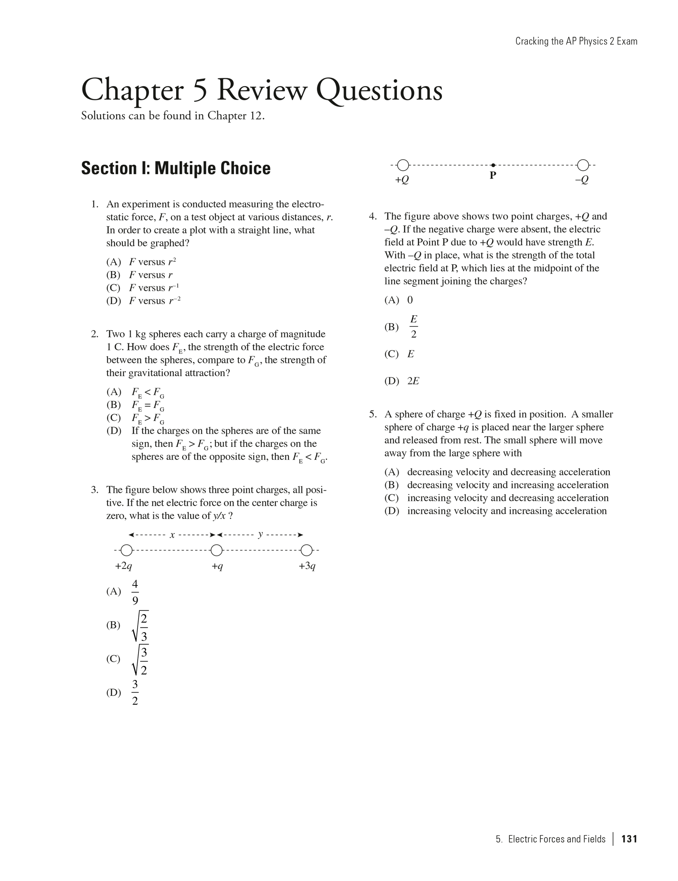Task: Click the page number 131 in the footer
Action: pyautogui.click(x=629, y=839)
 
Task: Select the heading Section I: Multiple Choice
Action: pyautogui.click(x=176, y=168)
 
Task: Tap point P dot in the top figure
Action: pyautogui.click(x=493, y=166)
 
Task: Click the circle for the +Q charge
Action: pyautogui.click(x=403, y=166)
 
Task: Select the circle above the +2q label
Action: pyautogui.click(x=127, y=550)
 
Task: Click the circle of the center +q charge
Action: pyautogui.click(x=217, y=550)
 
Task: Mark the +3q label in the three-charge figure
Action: pyautogui.click(x=307, y=566)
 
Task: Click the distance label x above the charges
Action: pyautogui.click(x=172, y=535)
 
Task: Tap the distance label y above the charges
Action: pyautogui.click(x=260, y=534)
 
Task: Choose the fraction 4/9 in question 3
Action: pyautogui.click(x=135, y=592)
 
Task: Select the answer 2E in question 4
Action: pyautogui.click(x=413, y=381)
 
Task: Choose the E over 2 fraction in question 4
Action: pyautogui.click(x=413, y=326)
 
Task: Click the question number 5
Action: pyautogui.click(x=373, y=414)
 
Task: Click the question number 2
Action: pyautogui.click(x=95, y=334)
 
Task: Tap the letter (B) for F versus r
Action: pyautogui.click(x=113, y=275)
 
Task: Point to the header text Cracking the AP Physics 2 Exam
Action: pyautogui.click(x=576, y=41)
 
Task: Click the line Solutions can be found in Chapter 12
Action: pyautogui.click(x=172, y=115)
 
